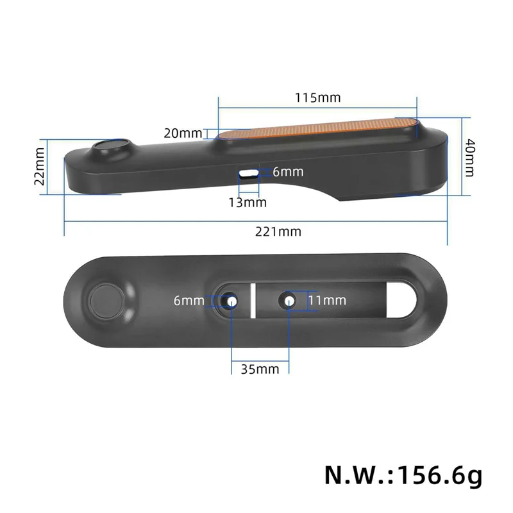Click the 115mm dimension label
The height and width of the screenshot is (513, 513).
tap(317, 98)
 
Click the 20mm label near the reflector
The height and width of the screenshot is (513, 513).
tap(182, 133)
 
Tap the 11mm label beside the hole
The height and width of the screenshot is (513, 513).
tap(327, 300)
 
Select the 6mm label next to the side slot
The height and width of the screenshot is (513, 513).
tap(288, 172)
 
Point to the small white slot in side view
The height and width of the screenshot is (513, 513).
tap(249, 172)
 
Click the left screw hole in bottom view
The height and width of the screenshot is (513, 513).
tap(230, 301)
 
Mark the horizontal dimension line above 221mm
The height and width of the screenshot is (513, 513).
tap(256, 221)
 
